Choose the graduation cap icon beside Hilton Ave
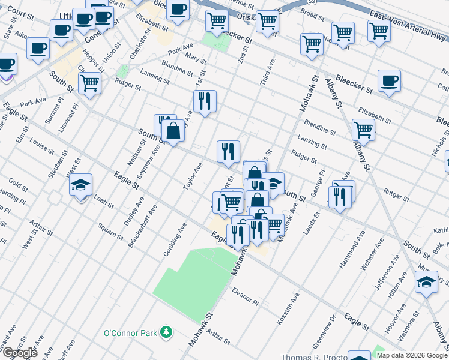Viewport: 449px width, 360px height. (426, 282)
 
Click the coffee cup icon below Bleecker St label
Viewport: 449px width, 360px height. (389, 81)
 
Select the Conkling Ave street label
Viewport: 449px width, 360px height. (175, 241)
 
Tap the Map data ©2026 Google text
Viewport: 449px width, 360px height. (412, 355)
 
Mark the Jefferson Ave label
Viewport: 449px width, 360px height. (382, 277)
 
